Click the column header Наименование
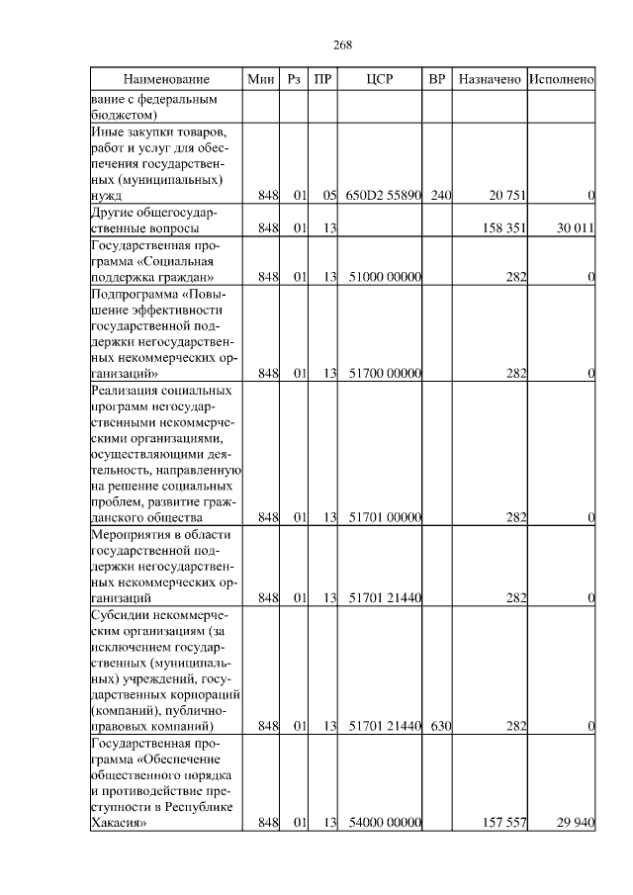(x=166, y=78)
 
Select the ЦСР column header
(x=382, y=78)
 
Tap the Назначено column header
(x=489, y=78)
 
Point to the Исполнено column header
(x=561, y=78)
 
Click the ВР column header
(x=439, y=78)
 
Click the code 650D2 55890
(x=384, y=196)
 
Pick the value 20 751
(x=505, y=196)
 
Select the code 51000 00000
(x=386, y=277)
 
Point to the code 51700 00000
(x=386, y=373)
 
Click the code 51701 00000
(x=386, y=517)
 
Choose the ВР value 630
(x=440, y=727)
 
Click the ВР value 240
(x=440, y=196)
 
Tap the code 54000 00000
(x=386, y=823)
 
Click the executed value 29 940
(x=574, y=823)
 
